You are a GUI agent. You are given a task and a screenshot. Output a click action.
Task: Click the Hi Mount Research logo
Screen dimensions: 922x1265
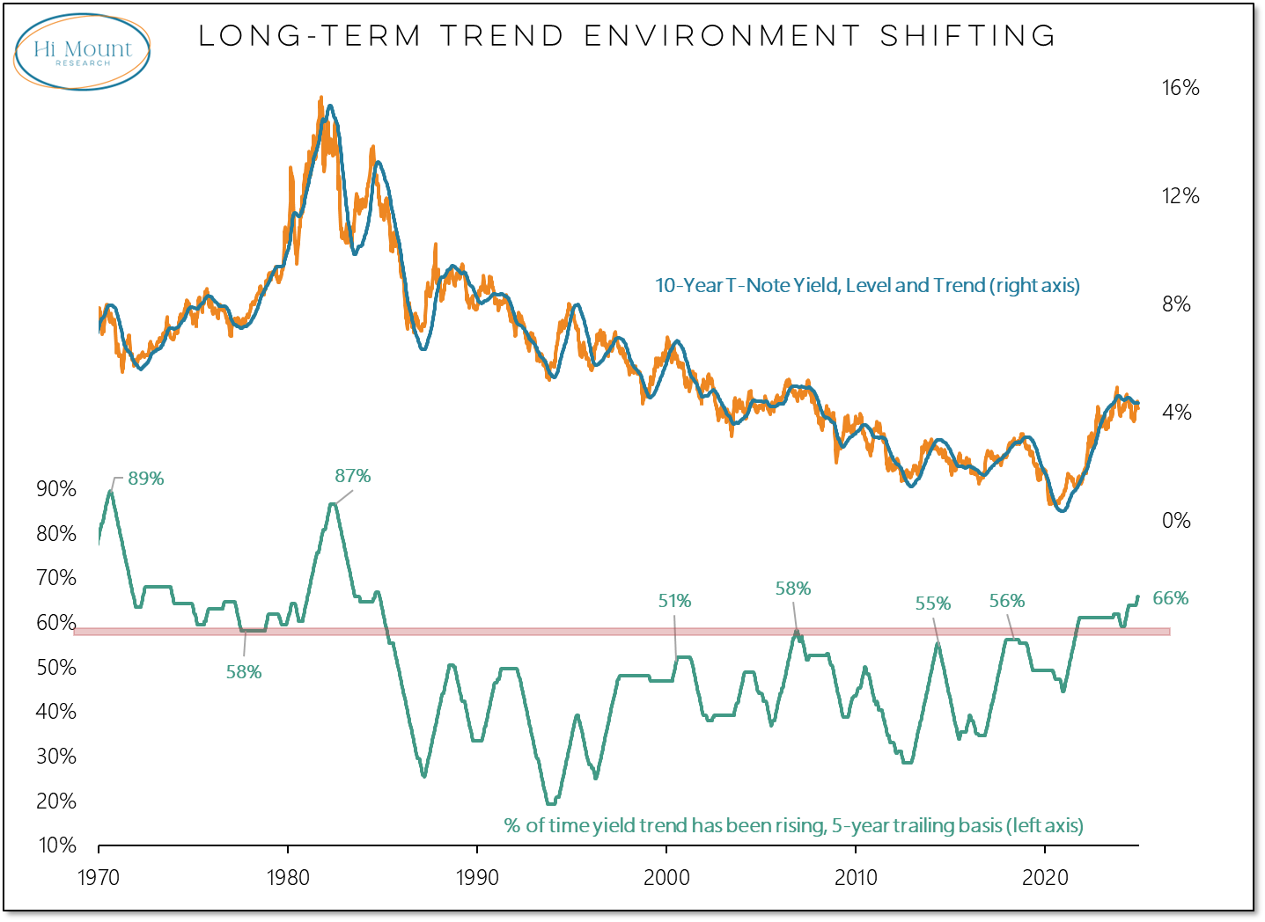pos(82,52)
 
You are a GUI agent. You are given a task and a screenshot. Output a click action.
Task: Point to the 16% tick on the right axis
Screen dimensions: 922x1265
pos(1180,88)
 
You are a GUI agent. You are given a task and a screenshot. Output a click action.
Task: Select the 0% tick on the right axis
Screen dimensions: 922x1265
pos(1176,521)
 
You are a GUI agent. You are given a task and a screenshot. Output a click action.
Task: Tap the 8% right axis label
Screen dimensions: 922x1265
pos(1176,304)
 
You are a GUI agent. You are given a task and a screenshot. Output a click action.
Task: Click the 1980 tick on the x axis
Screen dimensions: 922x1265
pos(288,877)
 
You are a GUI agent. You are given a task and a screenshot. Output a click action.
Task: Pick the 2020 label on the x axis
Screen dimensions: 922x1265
pos(1044,877)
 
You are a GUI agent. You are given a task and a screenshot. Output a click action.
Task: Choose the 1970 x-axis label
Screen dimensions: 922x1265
pos(99,877)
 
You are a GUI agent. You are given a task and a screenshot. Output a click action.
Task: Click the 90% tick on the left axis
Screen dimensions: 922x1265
pos(56,489)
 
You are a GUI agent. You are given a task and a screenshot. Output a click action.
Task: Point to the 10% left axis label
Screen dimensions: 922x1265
pos(56,845)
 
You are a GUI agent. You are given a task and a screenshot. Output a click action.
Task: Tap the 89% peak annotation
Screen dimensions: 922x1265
pos(146,479)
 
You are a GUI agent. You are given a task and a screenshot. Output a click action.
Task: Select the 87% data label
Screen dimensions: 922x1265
pos(352,476)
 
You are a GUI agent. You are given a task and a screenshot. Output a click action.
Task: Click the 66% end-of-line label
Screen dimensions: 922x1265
pos(1170,598)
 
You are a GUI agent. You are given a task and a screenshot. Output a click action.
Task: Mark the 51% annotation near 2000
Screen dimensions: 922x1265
pos(674,601)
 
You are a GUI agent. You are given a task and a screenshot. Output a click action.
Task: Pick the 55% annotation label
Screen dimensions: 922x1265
pos(932,604)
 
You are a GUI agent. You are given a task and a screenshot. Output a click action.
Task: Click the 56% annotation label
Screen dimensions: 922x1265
pos(1006,601)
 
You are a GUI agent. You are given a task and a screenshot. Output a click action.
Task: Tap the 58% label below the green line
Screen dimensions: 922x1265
pos(244,672)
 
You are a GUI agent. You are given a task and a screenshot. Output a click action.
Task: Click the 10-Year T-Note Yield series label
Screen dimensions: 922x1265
pos(866,285)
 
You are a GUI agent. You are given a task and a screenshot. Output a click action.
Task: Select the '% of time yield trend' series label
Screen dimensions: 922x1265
pos(793,825)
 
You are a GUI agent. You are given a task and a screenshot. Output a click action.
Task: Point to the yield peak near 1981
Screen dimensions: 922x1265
pos(321,99)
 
